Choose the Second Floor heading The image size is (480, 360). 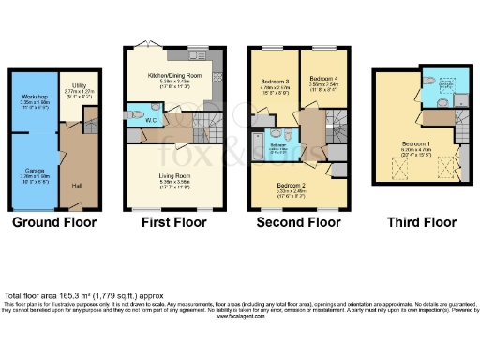[298, 223]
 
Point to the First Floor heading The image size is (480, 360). [173, 223]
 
